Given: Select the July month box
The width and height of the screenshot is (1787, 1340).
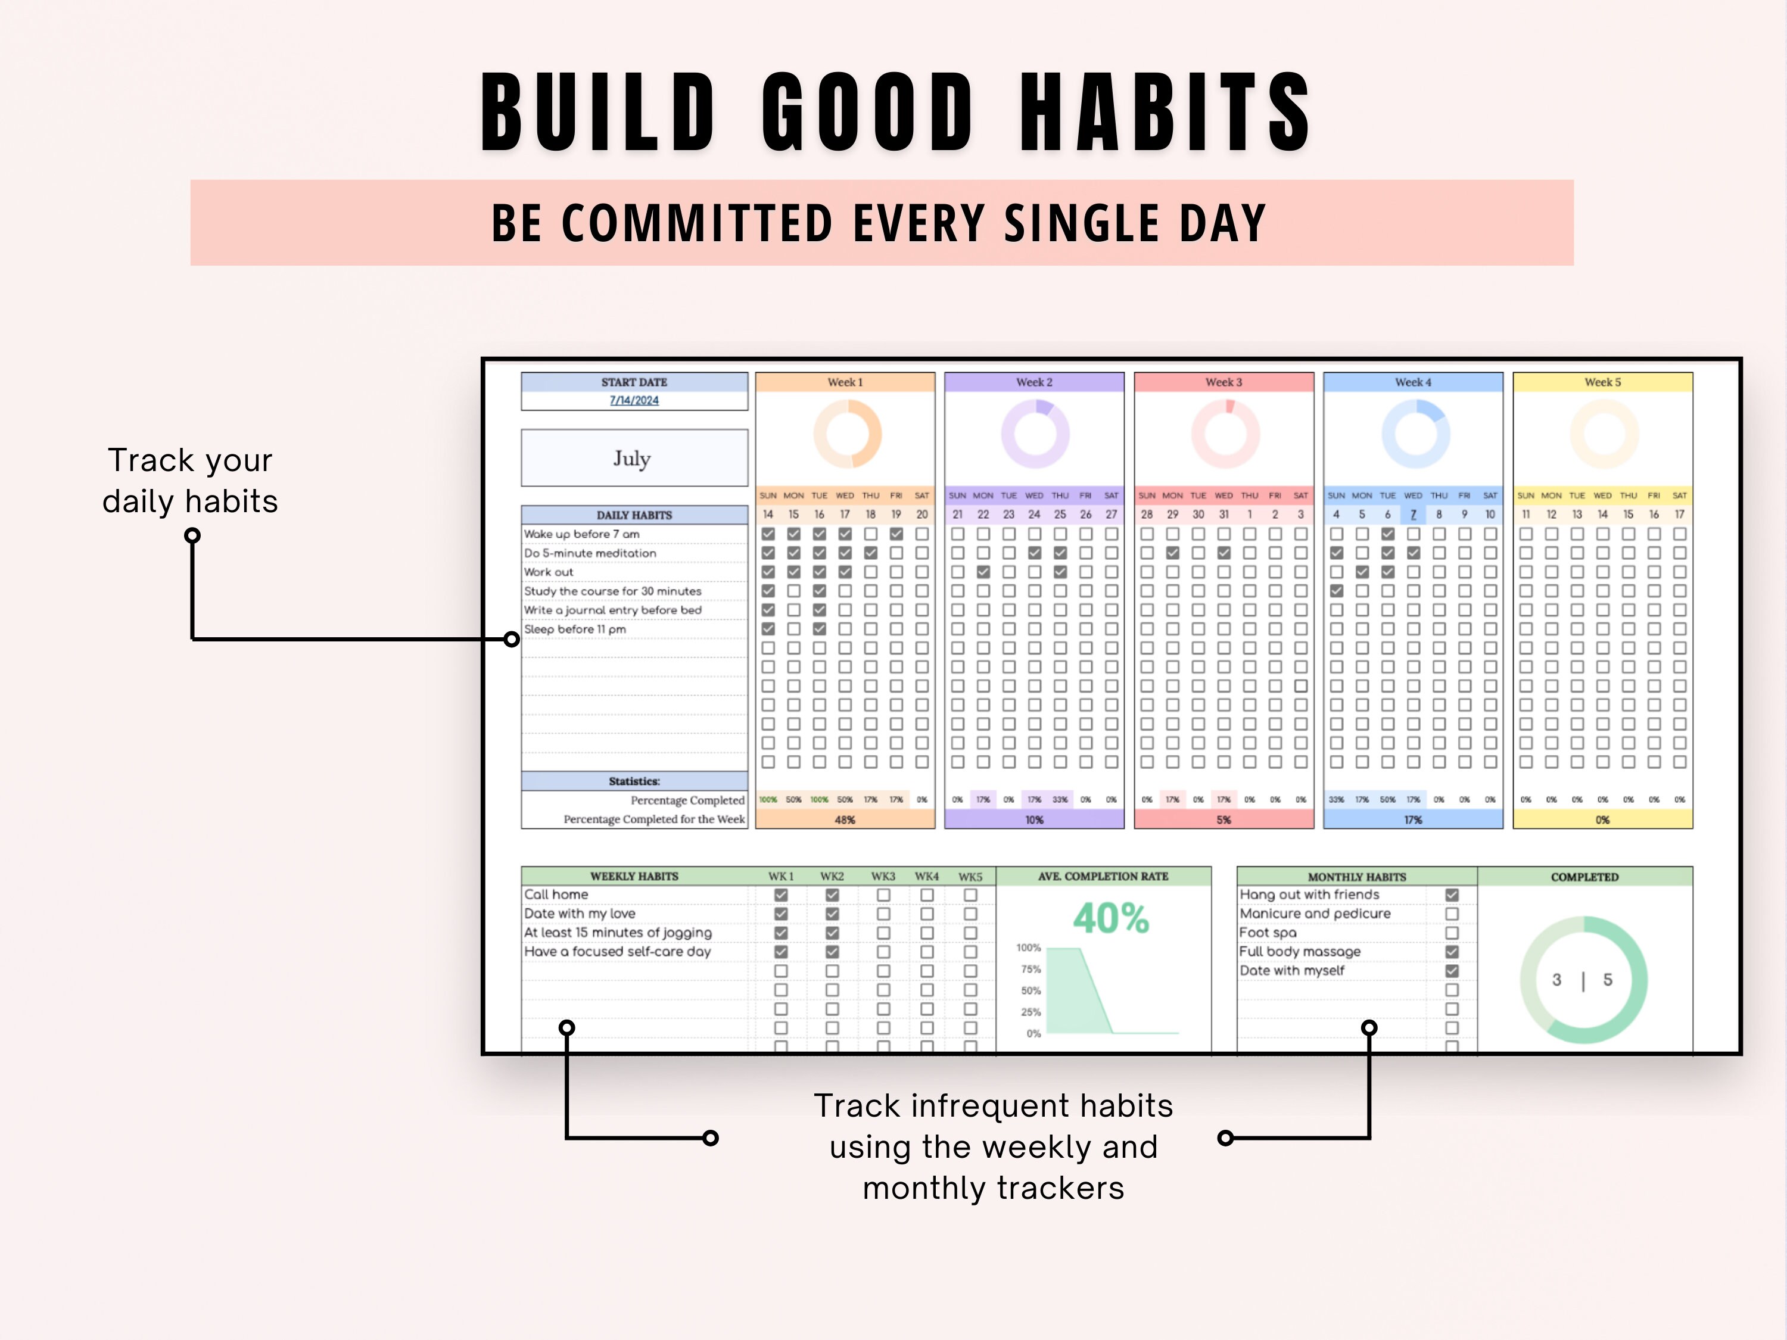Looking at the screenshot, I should [x=634, y=458].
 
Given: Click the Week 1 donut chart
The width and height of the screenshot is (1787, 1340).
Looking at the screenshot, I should [x=846, y=435].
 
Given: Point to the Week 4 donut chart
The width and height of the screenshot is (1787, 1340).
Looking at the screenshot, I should [x=1415, y=435].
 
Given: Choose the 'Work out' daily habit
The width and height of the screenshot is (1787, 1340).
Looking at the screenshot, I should [x=549, y=572].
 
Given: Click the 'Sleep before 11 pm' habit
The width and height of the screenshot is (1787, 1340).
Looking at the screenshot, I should [x=575, y=630].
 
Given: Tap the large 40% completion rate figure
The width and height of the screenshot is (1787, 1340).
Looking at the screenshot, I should [x=1111, y=918].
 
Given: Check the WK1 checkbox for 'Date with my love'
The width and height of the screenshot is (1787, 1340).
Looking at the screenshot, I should [x=780, y=914].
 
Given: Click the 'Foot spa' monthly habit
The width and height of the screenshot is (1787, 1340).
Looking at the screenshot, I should [x=1268, y=933].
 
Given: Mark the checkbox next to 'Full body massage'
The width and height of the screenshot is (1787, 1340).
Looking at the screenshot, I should [x=1452, y=952].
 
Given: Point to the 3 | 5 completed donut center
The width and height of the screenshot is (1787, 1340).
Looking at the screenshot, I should [x=1583, y=980].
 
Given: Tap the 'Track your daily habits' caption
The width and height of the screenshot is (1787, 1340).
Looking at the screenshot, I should [x=191, y=481].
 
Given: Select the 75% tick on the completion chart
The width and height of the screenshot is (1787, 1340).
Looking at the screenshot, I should [x=1031, y=969].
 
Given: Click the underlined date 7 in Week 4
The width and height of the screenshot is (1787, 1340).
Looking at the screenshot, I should [x=1413, y=515].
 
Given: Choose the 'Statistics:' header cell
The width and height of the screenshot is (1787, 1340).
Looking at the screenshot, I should [x=634, y=781].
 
